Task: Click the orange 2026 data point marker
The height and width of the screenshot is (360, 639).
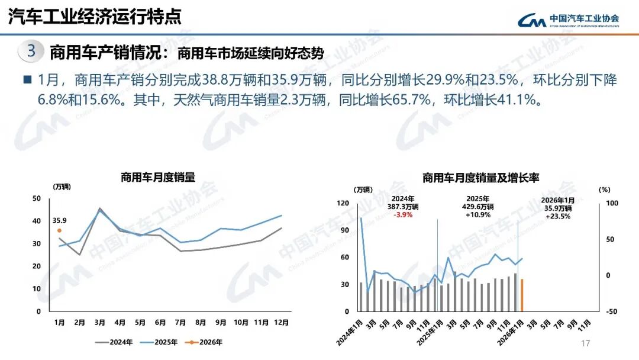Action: point(59,230)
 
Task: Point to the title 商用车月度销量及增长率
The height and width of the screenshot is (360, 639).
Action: point(480,177)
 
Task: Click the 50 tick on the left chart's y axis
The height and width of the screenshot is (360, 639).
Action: point(37,198)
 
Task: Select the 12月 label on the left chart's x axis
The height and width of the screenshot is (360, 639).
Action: point(281,323)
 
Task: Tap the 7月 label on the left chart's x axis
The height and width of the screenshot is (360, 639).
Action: point(180,323)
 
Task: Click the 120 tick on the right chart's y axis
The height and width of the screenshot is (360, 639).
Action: point(343,203)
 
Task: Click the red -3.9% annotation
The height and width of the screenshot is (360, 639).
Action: point(403,215)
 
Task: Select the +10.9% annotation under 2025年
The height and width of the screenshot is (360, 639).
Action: point(477,215)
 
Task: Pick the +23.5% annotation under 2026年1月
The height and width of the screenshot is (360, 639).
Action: point(557,216)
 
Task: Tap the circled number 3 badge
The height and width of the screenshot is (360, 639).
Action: point(31,52)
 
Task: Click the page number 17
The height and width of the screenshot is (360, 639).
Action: point(586,344)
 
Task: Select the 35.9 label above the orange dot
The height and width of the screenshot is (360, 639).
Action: point(59,220)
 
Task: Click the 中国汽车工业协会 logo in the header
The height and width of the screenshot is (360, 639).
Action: point(569,20)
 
